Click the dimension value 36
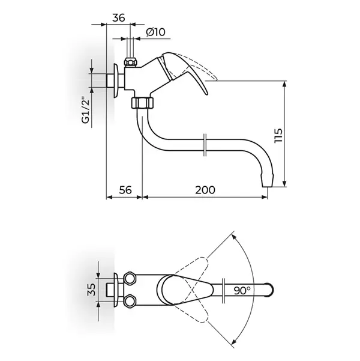119,18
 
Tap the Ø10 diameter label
156,32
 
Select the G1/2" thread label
86,111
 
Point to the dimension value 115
278,136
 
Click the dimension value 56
125,190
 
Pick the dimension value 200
205,190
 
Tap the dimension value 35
91,290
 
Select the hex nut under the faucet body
142,103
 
